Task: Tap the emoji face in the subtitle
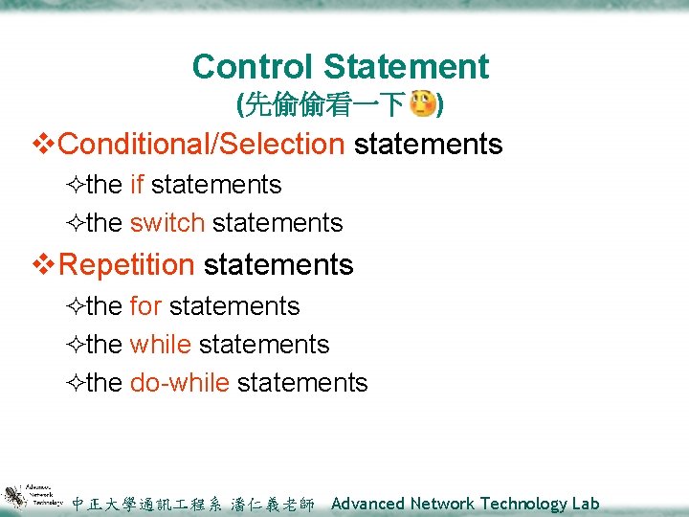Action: click(x=421, y=103)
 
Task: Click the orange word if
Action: click(x=137, y=185)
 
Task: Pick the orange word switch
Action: click(x=167, y=223)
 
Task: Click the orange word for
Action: click(x=145, y=306)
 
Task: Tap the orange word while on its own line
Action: click(x=160, y=345)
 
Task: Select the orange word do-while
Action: click(x=179, y=383)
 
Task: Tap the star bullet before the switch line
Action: click(x=76, y=224)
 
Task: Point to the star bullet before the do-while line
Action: click(x=76, y=384)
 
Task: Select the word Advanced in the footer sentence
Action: click(x=368, y=504)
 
